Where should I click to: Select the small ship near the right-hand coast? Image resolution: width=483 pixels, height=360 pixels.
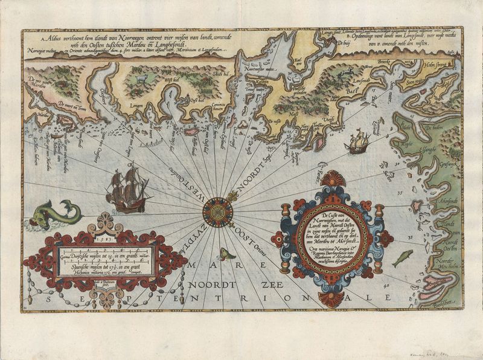tap(357, 143)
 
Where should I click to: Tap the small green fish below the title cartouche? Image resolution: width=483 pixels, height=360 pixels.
tap(402, 257)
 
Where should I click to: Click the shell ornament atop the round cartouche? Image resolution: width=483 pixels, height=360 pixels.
tap(333, 179)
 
